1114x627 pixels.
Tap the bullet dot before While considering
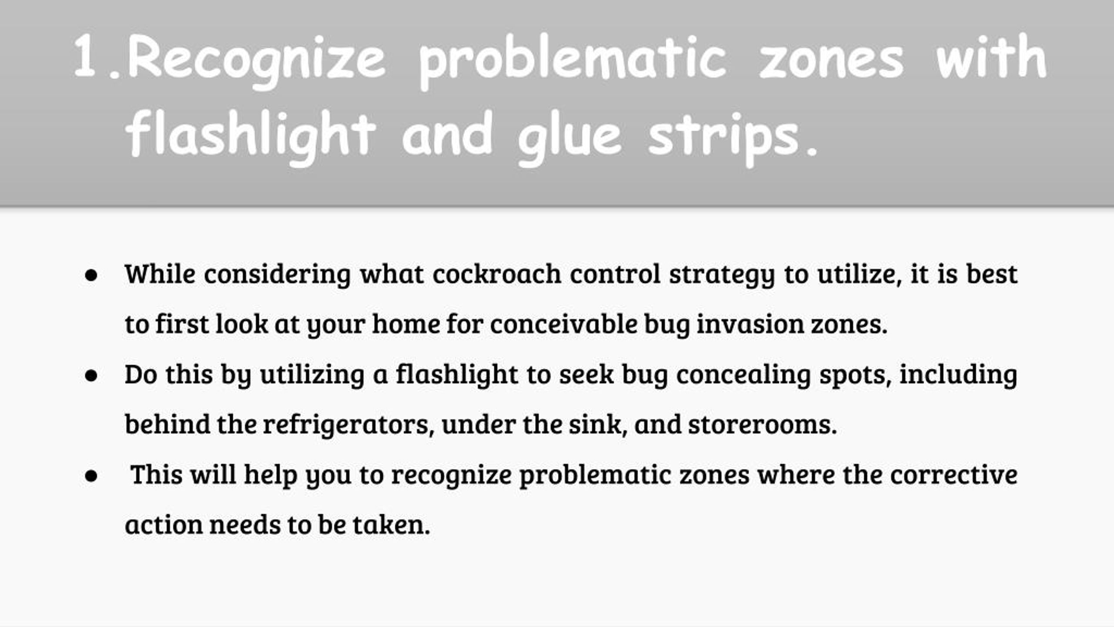click(x=91, y=276)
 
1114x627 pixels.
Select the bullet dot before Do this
click(x=91, y=376)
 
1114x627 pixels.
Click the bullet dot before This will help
click(x=91, y=476)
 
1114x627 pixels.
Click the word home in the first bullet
click(x=406, y=324)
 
